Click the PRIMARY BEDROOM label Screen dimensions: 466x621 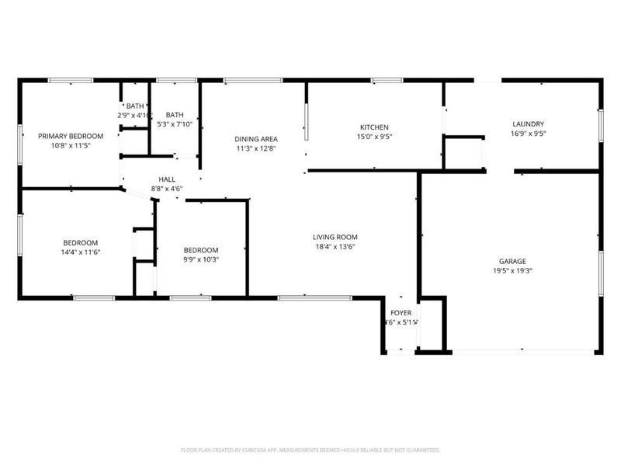pos(71,136)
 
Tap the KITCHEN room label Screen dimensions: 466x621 pos(373,127)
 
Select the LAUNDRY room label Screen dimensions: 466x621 pos(528,124)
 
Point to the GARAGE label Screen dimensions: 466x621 pos(512,262)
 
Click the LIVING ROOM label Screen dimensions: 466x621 pos(335,238)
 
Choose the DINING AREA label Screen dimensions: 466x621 pos(256,139)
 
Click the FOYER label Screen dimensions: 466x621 pos(401,313)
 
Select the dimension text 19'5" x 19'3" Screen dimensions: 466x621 pos(512,271)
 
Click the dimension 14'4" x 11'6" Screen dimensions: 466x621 pos(81,252)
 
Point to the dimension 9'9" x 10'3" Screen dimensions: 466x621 pos(201,259)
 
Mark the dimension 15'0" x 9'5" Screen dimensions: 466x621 pos(373,137)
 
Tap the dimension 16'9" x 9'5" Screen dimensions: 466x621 pos(528,134)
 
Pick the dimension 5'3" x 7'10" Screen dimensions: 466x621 pos(175,124)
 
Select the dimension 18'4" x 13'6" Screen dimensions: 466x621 pos(335,247)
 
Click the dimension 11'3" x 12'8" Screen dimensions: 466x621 pos(256,148)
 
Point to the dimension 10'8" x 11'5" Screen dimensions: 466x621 pos(71,145)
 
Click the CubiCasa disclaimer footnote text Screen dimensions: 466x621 pos(310,450)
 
